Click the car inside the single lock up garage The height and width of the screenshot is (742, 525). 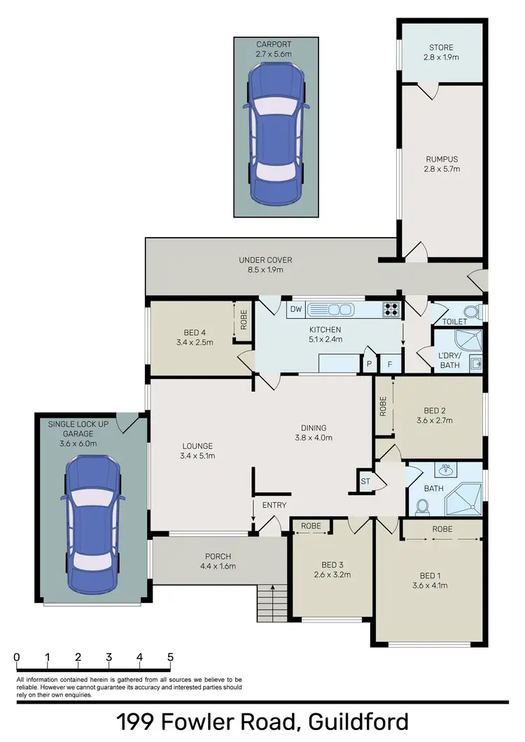[92, 522]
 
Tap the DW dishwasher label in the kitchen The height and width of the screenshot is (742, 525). [295, 309]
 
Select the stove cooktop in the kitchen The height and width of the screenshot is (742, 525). [391, 308]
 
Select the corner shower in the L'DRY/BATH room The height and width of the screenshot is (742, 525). [458, 340]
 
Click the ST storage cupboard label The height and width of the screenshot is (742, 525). [365, 480]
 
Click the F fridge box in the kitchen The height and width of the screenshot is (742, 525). [389, 364]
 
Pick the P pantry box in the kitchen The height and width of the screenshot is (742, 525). [368, 364]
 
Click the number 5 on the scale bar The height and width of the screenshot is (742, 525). [170, 657]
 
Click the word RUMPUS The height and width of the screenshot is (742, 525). [442, 159]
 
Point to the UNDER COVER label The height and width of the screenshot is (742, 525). [265, 260]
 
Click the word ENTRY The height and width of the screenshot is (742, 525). [274, 505]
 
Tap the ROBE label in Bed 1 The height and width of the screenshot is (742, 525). [442, 529]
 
